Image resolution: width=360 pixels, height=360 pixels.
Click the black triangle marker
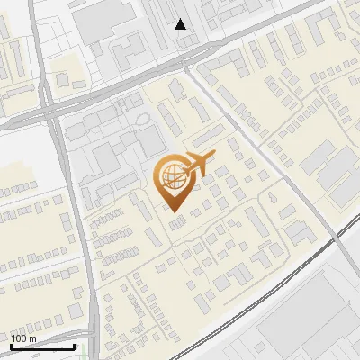(181, 24)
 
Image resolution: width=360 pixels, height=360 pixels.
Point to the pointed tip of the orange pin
(172, 211)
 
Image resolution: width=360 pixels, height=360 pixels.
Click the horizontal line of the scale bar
(42, 346)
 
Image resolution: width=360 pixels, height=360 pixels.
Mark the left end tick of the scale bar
(11, 345)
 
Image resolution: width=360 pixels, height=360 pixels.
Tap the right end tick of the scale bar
(74, 345)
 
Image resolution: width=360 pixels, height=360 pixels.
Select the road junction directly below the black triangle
(184, 61)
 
